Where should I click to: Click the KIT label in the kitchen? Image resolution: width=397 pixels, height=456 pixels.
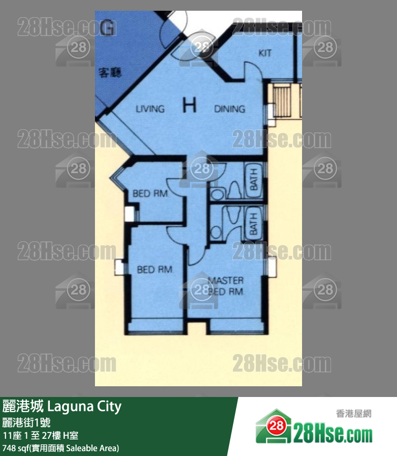tap(265, 53)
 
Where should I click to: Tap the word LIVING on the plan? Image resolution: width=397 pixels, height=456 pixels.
tap(150, 109)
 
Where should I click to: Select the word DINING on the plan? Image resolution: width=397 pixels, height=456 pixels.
tap(230, 109)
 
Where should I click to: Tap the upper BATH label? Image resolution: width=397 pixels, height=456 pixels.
tap(253, 180)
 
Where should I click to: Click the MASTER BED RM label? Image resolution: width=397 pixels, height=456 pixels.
tap(225, 286)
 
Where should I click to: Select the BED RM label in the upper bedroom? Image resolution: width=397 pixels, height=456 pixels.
tap(151, 193)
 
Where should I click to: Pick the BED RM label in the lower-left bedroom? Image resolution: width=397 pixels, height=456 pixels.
tap(155, 269)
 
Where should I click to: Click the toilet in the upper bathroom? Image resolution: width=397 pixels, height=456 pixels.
tap(234, 191)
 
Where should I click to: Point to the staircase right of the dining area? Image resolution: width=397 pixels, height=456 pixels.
tap(284, 102)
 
